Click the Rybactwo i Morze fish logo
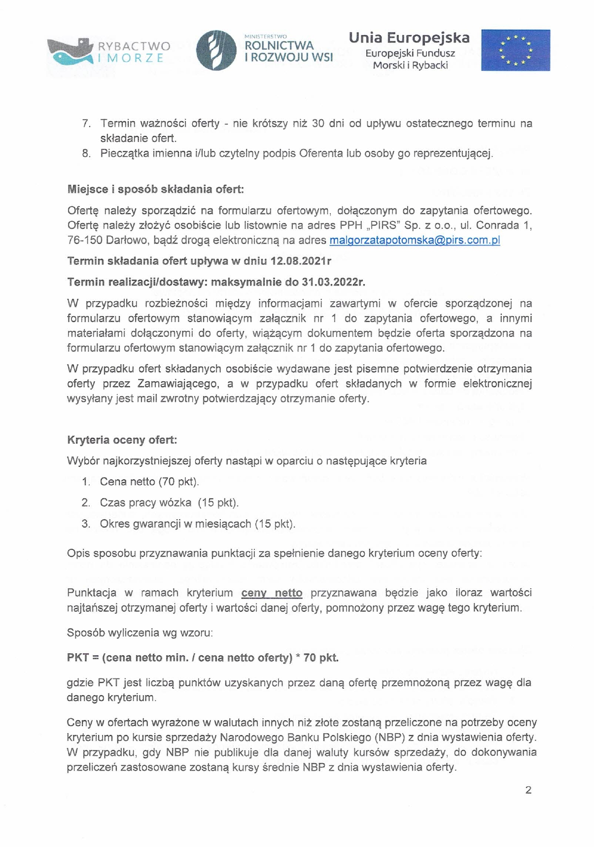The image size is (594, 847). (70, 51)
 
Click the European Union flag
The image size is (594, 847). (515, 50)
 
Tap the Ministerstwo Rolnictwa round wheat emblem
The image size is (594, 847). (216, 50)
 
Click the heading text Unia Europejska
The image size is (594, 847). (409, 37)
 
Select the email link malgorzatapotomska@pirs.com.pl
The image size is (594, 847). (415, 241)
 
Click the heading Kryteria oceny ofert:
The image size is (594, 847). (122, 440)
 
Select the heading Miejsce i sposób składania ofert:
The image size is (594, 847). (155, 189)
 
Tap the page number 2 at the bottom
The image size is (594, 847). (528, 790)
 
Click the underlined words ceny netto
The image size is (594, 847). (272, 593)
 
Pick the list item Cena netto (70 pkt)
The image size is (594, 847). (149, 482)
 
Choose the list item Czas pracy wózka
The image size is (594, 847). (145, 503)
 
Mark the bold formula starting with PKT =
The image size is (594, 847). (203, 658)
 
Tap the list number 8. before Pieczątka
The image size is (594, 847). (86, 153)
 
